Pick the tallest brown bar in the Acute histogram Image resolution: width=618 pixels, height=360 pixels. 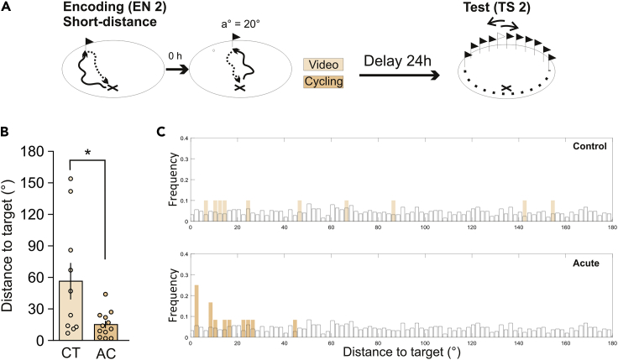[196, 310]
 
